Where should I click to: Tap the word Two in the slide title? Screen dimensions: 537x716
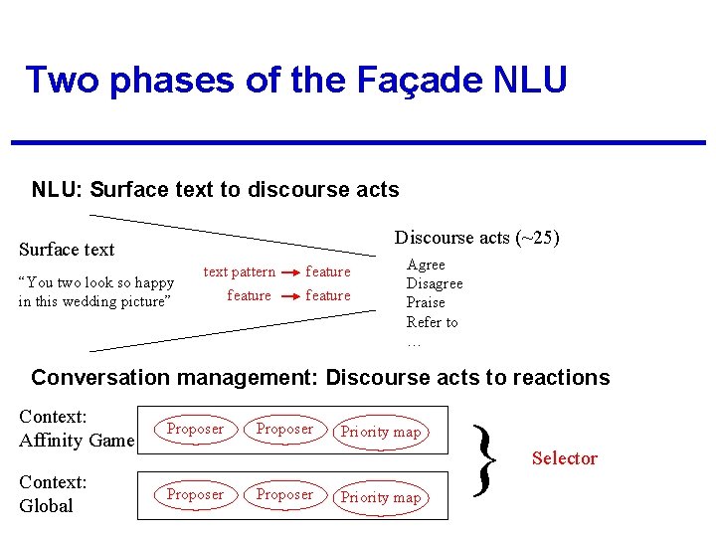point(62,80)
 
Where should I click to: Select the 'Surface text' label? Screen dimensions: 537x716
point(67,250)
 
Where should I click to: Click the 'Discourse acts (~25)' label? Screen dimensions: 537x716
point(476,238)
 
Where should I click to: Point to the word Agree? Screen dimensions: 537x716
point(426,265)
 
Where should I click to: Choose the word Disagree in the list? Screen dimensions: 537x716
point(434,283)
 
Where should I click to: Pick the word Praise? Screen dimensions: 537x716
point(426,302)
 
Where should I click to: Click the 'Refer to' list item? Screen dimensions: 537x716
point(432,322)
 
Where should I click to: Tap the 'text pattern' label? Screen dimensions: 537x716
point(239,271)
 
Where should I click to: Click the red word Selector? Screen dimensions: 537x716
point(564,458)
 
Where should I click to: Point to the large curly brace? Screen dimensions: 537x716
point(484,460)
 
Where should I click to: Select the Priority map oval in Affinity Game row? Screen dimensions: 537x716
point(381,432)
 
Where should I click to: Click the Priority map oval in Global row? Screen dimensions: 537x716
point(381,497)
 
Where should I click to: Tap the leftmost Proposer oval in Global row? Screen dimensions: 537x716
point(195,494)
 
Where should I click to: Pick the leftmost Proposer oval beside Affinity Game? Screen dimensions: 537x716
point(195,429)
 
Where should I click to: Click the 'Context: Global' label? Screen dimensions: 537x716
point(54,494)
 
